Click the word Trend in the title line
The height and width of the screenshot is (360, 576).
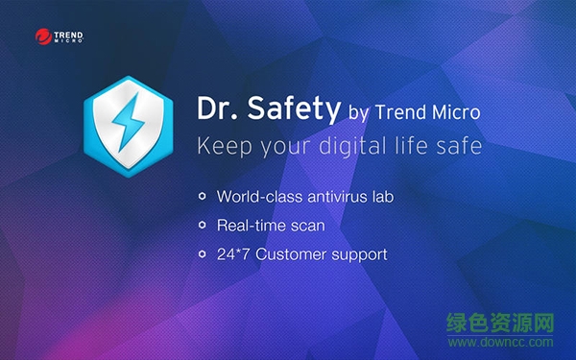pyautogui.click(x=398, y=113)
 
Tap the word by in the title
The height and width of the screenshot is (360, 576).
pyautogui.click(x=357, y=114)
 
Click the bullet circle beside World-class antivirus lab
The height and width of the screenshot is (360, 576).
pyautogui.click(x=202, y=197)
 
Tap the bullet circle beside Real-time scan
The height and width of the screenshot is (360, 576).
pyautogui.click(x=202, y=226)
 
